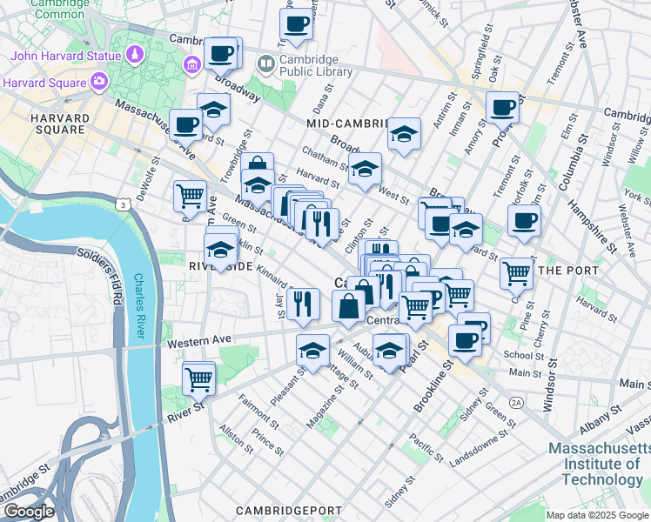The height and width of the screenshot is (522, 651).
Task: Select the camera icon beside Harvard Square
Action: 98,83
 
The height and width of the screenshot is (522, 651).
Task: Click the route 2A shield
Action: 516,403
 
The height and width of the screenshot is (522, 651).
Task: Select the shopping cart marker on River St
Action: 199,378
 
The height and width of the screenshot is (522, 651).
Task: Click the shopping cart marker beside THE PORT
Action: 517,272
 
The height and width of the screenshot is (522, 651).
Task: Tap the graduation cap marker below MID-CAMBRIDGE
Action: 404,134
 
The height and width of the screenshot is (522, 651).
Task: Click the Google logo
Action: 30,512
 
